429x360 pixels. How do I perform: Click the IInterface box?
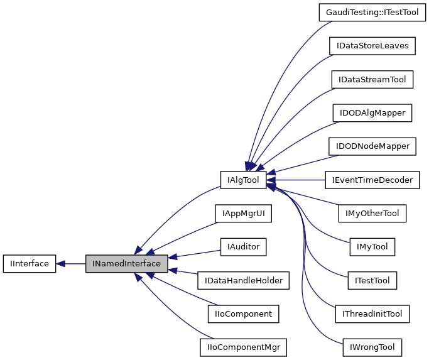pos(28,264)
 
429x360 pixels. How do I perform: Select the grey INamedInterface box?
pos(127,264)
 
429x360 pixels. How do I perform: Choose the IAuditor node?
pos(243,247)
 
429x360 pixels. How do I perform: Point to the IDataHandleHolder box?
pos(243,280)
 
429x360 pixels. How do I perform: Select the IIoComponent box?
pos(243,314)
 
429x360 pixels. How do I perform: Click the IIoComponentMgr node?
pos(243,347)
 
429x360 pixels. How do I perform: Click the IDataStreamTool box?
pos(372,80)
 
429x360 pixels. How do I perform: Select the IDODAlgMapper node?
pos(372,113)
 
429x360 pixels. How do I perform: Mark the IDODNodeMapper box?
pos(372,146)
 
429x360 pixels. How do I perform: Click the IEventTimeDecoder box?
pos(372,180)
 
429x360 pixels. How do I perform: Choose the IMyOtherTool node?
pos(372,214)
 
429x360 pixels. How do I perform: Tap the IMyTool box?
pos(372,247)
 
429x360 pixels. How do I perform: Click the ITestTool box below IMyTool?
pos(372,280)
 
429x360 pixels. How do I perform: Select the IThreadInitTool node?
pos(372,314)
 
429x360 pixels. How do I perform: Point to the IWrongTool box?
pos(372,347)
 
